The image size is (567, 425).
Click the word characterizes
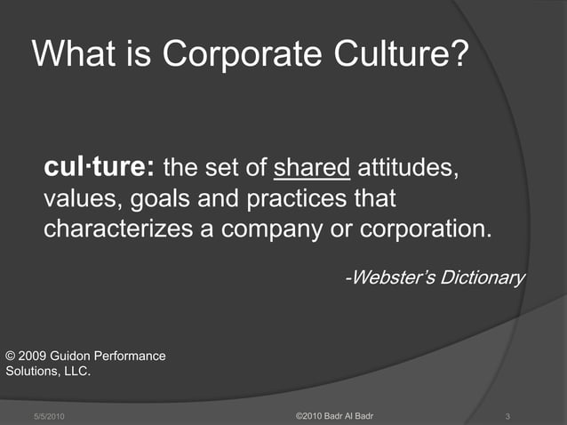120,228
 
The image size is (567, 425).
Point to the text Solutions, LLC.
48,372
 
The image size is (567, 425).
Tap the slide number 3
506,417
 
